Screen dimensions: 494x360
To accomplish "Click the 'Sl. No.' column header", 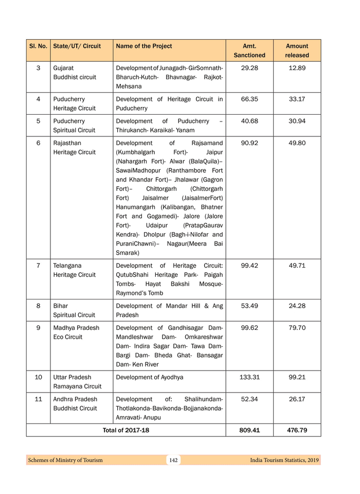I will pyautogui.click(x=38, y=46).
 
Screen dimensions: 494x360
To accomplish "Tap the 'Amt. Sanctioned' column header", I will pyautogui.click(x=249, y=50).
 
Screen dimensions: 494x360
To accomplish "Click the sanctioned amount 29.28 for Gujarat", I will pyautogui.click(x=249, y=68).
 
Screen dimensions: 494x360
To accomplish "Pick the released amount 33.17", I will pyautogui.click(x=297, y=99).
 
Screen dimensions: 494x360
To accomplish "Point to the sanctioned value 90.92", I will pyautogui.click(x=249, y=143).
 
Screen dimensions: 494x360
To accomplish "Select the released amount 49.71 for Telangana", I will pyautogui.click(x=297, y=266).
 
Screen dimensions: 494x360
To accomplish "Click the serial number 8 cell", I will pyautogui.click(x=38, y=306).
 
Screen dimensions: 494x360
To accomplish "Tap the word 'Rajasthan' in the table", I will pyautogui.click(x=67, y=143).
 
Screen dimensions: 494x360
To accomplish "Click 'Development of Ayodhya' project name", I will pyautogui.click(x=150, y=377).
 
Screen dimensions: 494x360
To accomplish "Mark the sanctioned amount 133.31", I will pyautogui.click(x=249, y=377).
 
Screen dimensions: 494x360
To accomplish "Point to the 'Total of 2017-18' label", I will pyautogui.click(x=126, y=430).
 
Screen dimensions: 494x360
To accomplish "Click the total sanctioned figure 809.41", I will pyautogui.click(x=249, y=430).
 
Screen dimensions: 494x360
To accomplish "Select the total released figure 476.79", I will pyautogui.click(x=297, y=430).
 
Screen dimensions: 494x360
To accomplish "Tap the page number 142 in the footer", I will pyautogui.click(x=173, y=460).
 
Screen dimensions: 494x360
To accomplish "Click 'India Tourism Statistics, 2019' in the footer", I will pyautogui.click(x=284, y=460).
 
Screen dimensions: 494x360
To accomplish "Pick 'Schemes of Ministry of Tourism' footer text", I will pyautogui.click(x=65, y=460).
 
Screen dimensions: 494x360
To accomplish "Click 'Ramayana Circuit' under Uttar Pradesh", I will pyautogui.click(x=77, y=386).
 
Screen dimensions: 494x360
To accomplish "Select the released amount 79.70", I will pyautogui.click(x=297, y=328).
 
